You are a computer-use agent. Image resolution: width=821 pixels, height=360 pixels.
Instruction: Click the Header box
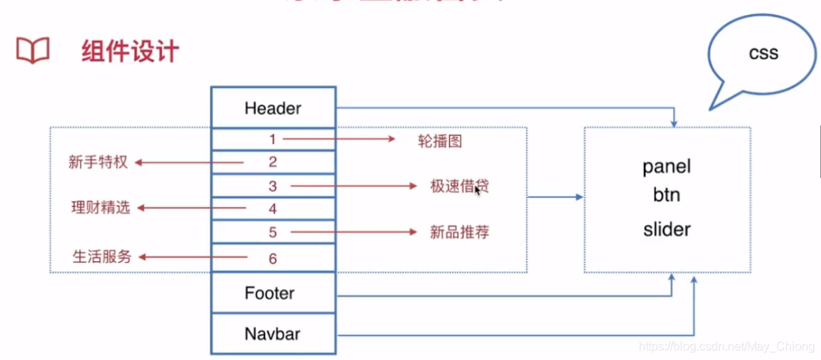[x=273, y=108]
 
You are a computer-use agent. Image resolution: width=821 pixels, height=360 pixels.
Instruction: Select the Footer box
[x=273, y=294]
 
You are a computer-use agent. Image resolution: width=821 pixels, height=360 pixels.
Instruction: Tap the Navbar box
[x=273, y=333]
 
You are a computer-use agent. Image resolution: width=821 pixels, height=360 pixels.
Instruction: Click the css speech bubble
[x=762, y=54]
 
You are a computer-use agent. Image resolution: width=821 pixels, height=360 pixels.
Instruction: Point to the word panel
[x=666, y=167]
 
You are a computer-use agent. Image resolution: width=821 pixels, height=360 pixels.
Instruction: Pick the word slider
[x=666, y=229]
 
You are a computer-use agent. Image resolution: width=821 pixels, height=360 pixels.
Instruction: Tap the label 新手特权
[x=98, y=162]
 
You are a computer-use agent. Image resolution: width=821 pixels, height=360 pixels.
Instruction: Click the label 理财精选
[x=100, y=208]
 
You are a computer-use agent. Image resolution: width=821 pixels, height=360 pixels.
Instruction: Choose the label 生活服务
[x=102, y=257]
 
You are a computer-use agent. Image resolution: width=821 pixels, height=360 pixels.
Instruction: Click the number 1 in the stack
[x=273, y=139]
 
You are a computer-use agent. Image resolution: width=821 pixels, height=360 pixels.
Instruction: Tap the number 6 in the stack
[x=273, y=258]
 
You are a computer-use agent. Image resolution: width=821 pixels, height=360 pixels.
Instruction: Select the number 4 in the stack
[x=273, y=208]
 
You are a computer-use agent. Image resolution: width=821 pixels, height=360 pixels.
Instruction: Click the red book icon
[x=33, y=52]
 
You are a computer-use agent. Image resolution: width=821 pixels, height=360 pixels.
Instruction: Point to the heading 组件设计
[x=130, y=52]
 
